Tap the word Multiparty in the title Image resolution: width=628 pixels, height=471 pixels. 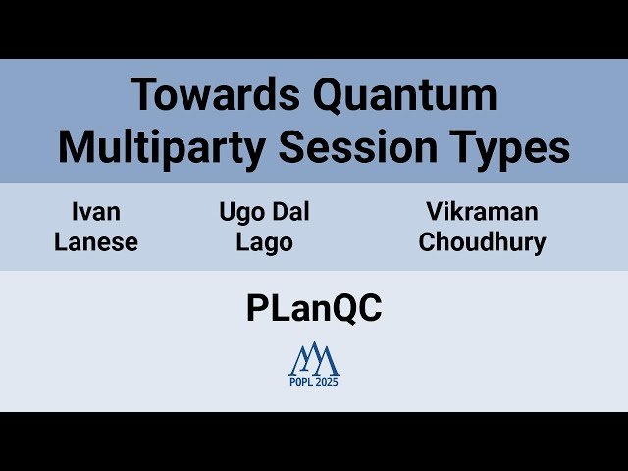tap(163, 146)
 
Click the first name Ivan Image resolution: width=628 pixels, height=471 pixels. tap(95, 211)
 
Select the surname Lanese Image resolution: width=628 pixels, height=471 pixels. tap(95, 242)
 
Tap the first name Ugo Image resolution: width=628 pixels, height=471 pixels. tap(239, 211)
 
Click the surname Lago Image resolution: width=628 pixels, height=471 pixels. tap(264, 242)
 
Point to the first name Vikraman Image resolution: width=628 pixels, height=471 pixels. tap(482, 211)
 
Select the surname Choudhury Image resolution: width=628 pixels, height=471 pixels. tap(482, 242)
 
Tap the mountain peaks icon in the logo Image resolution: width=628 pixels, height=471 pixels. tap(314, 359)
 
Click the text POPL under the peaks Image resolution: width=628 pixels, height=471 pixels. tap(300, 382)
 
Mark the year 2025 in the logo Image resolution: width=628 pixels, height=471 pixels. tap(326, 382)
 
